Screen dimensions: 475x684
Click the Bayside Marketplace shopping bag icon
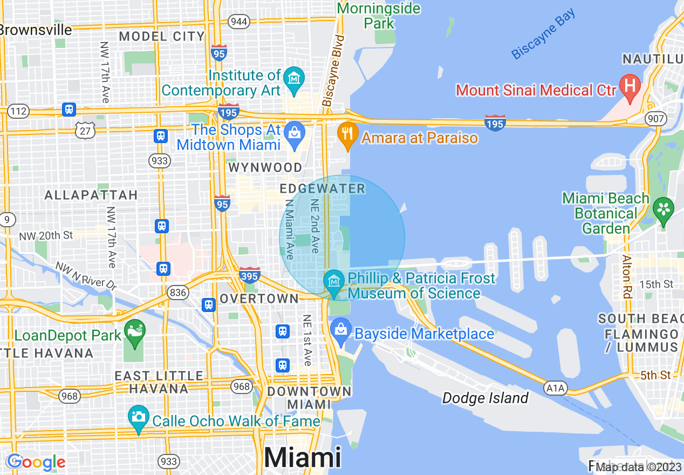coord(341,329)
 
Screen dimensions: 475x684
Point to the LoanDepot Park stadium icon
coord(134,330)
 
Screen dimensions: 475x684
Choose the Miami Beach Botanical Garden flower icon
coord(664,208)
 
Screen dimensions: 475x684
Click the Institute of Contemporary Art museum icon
coord(294,78)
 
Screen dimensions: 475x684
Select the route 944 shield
coord(238,22)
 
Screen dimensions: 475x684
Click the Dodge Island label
coord(485,398)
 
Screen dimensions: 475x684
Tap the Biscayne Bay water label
coord(544,35)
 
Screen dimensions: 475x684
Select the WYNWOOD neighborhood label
coord(265,167)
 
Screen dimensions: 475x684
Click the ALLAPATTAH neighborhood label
coord(91,195)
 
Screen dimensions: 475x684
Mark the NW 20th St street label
coord(45,236)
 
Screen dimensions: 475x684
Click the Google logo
coord(36,462)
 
